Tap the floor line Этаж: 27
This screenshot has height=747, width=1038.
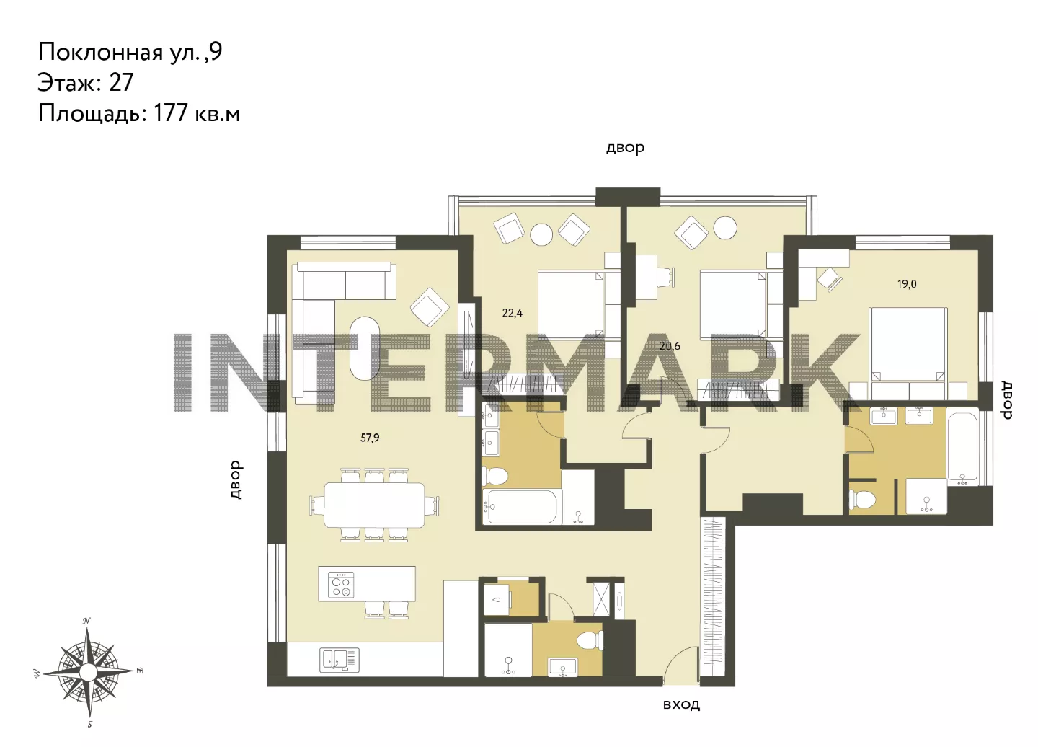tap(86, 82)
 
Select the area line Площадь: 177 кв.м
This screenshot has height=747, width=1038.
tap(139, 113)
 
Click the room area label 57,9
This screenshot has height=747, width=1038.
tap(370, 438)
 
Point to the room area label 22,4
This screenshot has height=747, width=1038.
tap(512, 313)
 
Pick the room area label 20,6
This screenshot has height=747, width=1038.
tap(670, 346)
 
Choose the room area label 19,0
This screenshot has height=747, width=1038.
tap(907, 284)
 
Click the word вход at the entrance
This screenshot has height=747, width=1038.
tap(681, 705)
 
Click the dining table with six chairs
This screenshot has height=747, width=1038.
tap(374, 505)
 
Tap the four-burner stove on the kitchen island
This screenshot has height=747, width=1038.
tap(340, 585)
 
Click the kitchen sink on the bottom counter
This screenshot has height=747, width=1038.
tap(340, 660)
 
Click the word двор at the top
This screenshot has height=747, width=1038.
tap(625, 148)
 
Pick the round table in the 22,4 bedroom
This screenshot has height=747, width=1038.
tap(541, 234)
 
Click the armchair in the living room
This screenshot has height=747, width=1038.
tap(430, 306)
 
